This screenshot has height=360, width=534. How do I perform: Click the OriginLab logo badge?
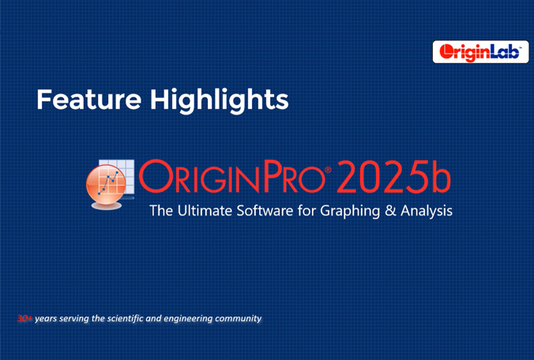pos(480,52)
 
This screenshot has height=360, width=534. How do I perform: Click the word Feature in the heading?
pos(89,99)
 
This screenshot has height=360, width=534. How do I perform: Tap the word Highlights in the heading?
pos(220,99)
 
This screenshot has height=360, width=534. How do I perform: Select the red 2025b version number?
pos(394,177)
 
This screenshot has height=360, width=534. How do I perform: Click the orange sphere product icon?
pos(107,185)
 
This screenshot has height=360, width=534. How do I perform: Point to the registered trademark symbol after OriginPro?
pos(328,169)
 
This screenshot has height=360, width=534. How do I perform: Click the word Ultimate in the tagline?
pos(205,211)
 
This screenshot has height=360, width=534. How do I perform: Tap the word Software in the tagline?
pos(265,211)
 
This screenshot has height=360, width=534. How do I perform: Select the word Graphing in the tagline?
pos(350,212)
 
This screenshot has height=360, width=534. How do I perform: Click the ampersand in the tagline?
pos(390,211)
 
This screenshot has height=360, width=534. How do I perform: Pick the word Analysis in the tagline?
pos(427,212)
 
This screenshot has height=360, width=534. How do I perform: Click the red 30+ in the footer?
pos(24,318)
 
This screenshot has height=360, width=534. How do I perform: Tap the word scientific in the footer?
pos(125,318)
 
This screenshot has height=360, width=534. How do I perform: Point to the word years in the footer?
pos(45,319)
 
